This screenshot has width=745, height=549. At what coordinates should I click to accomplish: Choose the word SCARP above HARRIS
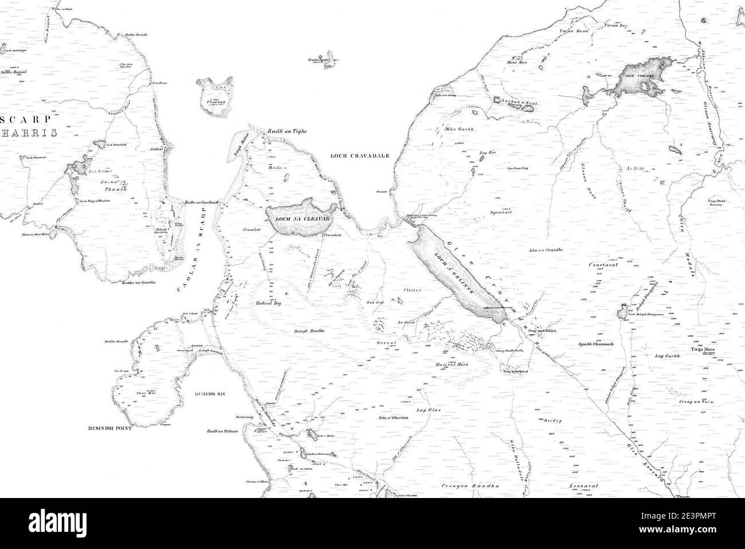(25, 120)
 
